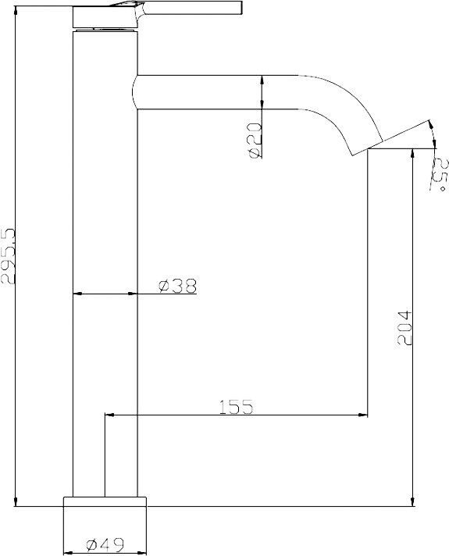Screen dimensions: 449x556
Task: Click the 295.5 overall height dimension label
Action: pyautogui.click(x=8, y=255)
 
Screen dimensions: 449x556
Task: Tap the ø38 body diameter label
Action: pyautogui.click(x=177, y=286)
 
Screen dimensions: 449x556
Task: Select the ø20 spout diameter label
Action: pyautogui.click(x=255, y=140)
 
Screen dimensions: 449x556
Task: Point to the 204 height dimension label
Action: pyautogui.click(x=404, y=328)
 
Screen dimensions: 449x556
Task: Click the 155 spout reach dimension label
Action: pyautogui.click(x=236, y=407)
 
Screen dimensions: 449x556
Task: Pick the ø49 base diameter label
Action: pyautogui.click(x=105, y=544)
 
